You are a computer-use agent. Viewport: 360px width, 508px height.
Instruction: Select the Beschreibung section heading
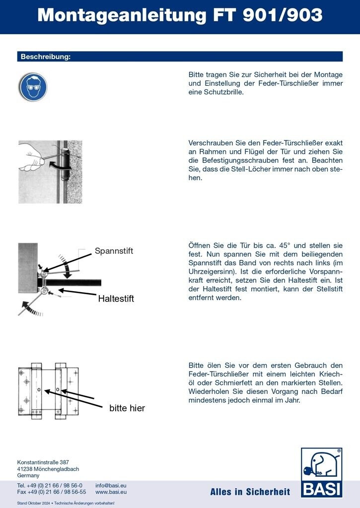pyautogui.click(x=46, y=57)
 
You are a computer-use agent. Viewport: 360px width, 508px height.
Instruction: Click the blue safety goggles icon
pyautogui.click(x=33, y=87)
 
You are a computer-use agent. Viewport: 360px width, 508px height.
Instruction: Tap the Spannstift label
pyautogui.click(x=114, y=251)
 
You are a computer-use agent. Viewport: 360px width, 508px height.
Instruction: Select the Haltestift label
pyautogui.click(x=116, y=299)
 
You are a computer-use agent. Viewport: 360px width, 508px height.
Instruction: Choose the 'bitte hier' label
pyautogui.click(x=127, y=408)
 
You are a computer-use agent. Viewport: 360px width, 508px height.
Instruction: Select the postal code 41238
pyautogui.click(x=25, y=469)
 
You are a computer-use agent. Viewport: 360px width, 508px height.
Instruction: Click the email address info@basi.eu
pyautogui.click(x=111, y=485)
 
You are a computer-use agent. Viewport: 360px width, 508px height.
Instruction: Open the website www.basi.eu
pyautogui.click(x=111, y=492)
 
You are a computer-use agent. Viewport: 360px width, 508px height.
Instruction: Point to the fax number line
pyautogui.click(x=52, y=492)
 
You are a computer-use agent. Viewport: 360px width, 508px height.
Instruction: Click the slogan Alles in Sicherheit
pyautogui.click(x=250, y=492)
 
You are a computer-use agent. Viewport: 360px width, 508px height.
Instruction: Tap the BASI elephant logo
pyautogui.click(x=321, y=472)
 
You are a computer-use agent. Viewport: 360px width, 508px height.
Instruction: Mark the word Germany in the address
pyautogui.click(x=28, y=475)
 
